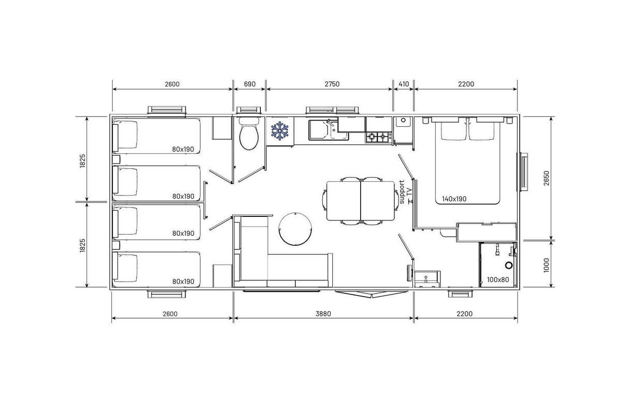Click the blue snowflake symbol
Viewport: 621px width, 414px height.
tap(280, 130)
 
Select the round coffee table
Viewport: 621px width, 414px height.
tap(295, 229)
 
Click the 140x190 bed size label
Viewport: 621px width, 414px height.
tap(454, 199)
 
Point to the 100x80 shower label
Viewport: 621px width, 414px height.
tap(498, 279)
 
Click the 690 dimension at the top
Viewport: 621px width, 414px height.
tap(249, 84)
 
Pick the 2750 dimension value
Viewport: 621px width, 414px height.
tap(332, 84)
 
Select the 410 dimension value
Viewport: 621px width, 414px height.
tap(404, 84)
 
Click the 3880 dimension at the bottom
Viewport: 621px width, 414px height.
tap(323, 314)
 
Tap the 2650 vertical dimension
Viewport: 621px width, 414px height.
tap(546, 178)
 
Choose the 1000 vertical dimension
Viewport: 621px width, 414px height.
tap(546, 265)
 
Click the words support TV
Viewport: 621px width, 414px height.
tap(405, 192)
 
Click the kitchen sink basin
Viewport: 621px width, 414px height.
tap(319, 130)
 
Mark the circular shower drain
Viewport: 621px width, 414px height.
tap(509, 265)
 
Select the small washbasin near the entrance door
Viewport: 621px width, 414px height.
tap(426, 279)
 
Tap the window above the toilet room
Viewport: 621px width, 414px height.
tap(249, 110)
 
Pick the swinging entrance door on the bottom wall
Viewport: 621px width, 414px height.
tap(372, 294)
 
